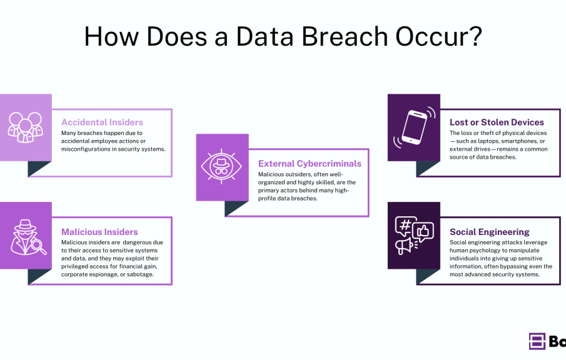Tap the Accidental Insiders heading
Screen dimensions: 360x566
tap(102, 122)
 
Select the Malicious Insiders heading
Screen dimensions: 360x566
tap(99, 232)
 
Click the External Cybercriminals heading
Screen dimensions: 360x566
tap(310, 164)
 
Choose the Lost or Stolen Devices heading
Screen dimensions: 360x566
tap(497, 122)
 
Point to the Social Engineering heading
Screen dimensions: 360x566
tap(490, 232)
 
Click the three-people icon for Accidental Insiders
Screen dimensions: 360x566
tap(26, 126)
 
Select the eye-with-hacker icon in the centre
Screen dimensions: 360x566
tap(222, 167)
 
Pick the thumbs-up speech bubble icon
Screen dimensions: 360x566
tap(423, 231)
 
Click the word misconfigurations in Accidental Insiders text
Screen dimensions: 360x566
tap(87, 149)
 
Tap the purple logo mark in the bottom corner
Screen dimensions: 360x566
tap(537, 341)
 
